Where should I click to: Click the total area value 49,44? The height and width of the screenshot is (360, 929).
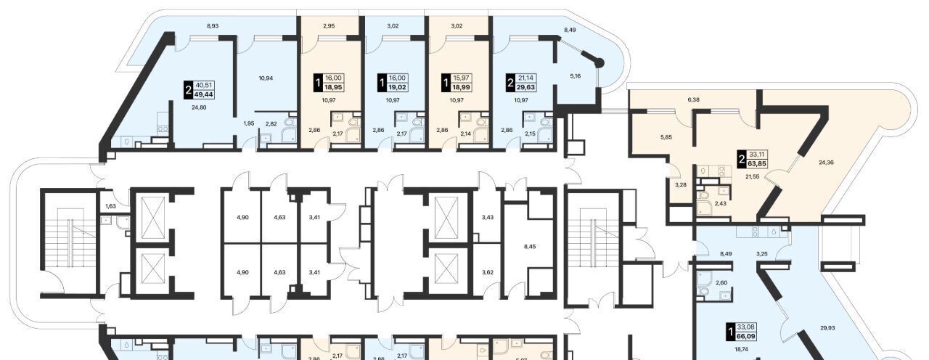pyautogui.click(x=203, y=94)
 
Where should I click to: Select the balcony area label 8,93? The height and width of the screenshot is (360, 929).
pyautogui.click(x=213, y=25)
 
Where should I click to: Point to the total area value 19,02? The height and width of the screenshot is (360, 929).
pyautogui.click(x=397, y=88)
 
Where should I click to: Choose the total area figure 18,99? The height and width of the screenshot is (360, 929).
pyautogui.click(x=461, y=88)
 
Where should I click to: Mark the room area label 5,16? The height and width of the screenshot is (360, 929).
pyautogui.click(x=576, y=76)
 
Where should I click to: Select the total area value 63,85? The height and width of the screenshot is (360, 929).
pyautogui.click(x=757, y=163)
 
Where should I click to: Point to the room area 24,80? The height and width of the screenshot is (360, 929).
pyautogui.click(x=199, y=107)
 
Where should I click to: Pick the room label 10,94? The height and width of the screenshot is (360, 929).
pyautogui.click(x=266, y=78)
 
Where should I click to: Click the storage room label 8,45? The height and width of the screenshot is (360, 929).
pyautogui.click(x=530, y=246)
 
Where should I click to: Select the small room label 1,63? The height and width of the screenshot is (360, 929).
pyautogui.click(x=111, y=205)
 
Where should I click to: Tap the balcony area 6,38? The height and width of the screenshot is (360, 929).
pyautogui.click(x=693, y=99)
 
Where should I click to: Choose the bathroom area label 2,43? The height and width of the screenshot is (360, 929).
pyautogui.click(x=721, y=204)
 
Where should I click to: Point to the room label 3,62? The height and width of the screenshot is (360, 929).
pyautogui.click(x=488, y=272)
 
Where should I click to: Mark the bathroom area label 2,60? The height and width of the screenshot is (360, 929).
pyautogui.click(x=721, y=283)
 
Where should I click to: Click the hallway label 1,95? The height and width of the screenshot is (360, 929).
pyautogui.click(x=249, y=123)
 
